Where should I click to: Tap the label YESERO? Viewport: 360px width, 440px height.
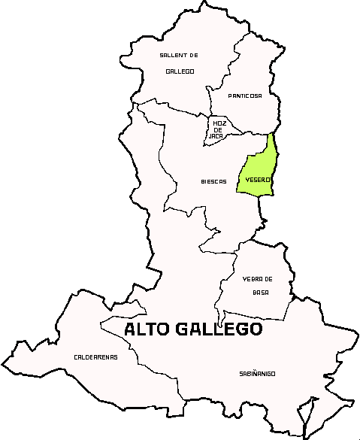258,180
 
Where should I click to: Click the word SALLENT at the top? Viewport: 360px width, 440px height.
171,56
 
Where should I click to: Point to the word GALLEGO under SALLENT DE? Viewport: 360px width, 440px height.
180,71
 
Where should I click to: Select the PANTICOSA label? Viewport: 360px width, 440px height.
246,96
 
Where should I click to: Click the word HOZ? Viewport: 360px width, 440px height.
219,123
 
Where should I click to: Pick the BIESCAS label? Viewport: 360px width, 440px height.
213,181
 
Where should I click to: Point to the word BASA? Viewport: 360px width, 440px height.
261,292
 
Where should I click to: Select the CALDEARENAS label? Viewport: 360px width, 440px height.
95,357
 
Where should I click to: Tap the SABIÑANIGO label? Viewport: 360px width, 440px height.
257,373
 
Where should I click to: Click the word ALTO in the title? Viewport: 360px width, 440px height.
147,329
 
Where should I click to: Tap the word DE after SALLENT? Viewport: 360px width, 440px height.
193,56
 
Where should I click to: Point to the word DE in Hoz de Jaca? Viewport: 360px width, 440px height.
219,129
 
